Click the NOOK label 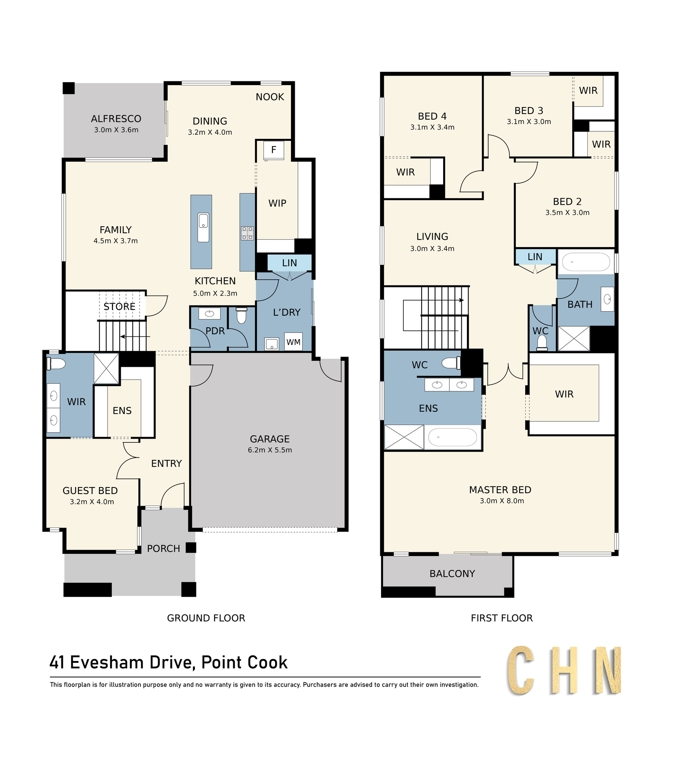[269, 97]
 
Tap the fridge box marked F [274, 150]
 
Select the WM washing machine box [293, 342]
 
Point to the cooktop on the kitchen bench [247, 233]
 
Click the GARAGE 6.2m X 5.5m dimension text [270, 450]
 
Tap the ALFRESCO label [116, 119]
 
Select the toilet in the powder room [241, 315]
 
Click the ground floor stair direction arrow [135, 336]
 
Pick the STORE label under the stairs [119, 307]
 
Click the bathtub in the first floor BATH [586, 262]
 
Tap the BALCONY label [452, 574]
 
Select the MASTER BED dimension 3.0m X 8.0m [502, 501]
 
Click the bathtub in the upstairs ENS [453, 438]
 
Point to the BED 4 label [432, 116]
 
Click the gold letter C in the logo [521, 671]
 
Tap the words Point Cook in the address [244, 663]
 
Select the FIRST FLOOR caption [502, 618]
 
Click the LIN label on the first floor [535, 257]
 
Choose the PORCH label [163, 548]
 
